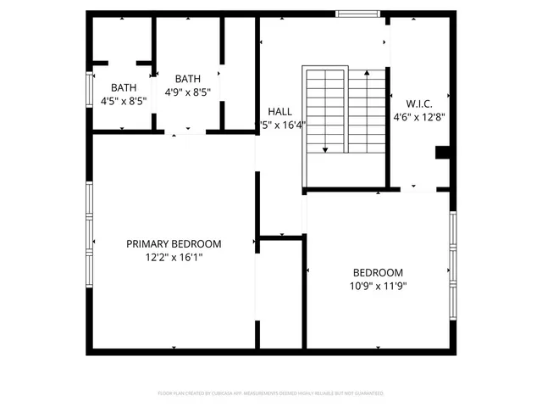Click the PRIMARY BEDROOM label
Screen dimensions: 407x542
coord(174,243)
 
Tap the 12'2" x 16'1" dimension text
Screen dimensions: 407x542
coord(174,257)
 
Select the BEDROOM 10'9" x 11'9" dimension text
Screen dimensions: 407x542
coord(378,286)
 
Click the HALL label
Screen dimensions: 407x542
coord(280,111)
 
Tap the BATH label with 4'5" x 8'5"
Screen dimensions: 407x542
coord(124,87)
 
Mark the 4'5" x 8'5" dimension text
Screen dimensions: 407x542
coord(124,100)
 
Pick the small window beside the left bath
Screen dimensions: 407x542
coord(90,88)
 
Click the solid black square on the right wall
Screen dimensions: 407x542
coord(441,153)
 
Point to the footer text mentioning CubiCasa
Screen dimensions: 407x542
coord(271,393)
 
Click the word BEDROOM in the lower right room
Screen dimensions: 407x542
coord(378,272)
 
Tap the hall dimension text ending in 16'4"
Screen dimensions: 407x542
coord(282,125)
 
